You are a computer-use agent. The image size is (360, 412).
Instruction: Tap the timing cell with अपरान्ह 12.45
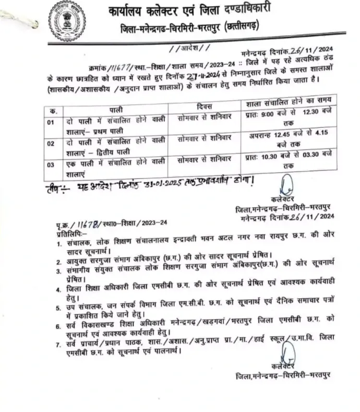[x=289, y=138]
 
